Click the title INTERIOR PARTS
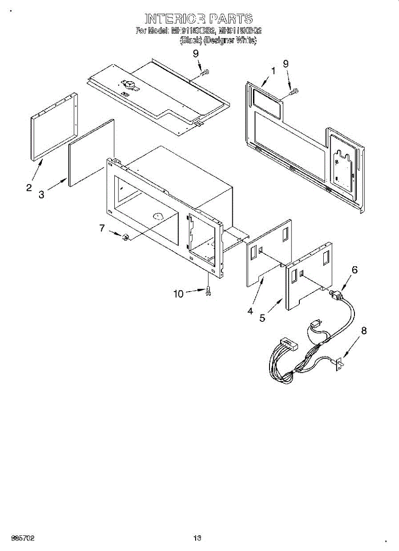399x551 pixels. point(199,19)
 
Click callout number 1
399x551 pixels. point(273,71)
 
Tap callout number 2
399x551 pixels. point(29,187)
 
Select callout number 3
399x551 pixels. point(41,195)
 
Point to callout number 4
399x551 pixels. point(250,311)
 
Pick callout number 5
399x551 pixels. point(262,318)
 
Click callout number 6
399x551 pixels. point(354,270)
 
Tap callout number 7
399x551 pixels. point(102,228)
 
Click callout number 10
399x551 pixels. point(179,294)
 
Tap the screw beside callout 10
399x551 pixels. point(209,291)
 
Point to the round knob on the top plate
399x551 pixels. point(129,84)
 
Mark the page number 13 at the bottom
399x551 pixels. point(197,538)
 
